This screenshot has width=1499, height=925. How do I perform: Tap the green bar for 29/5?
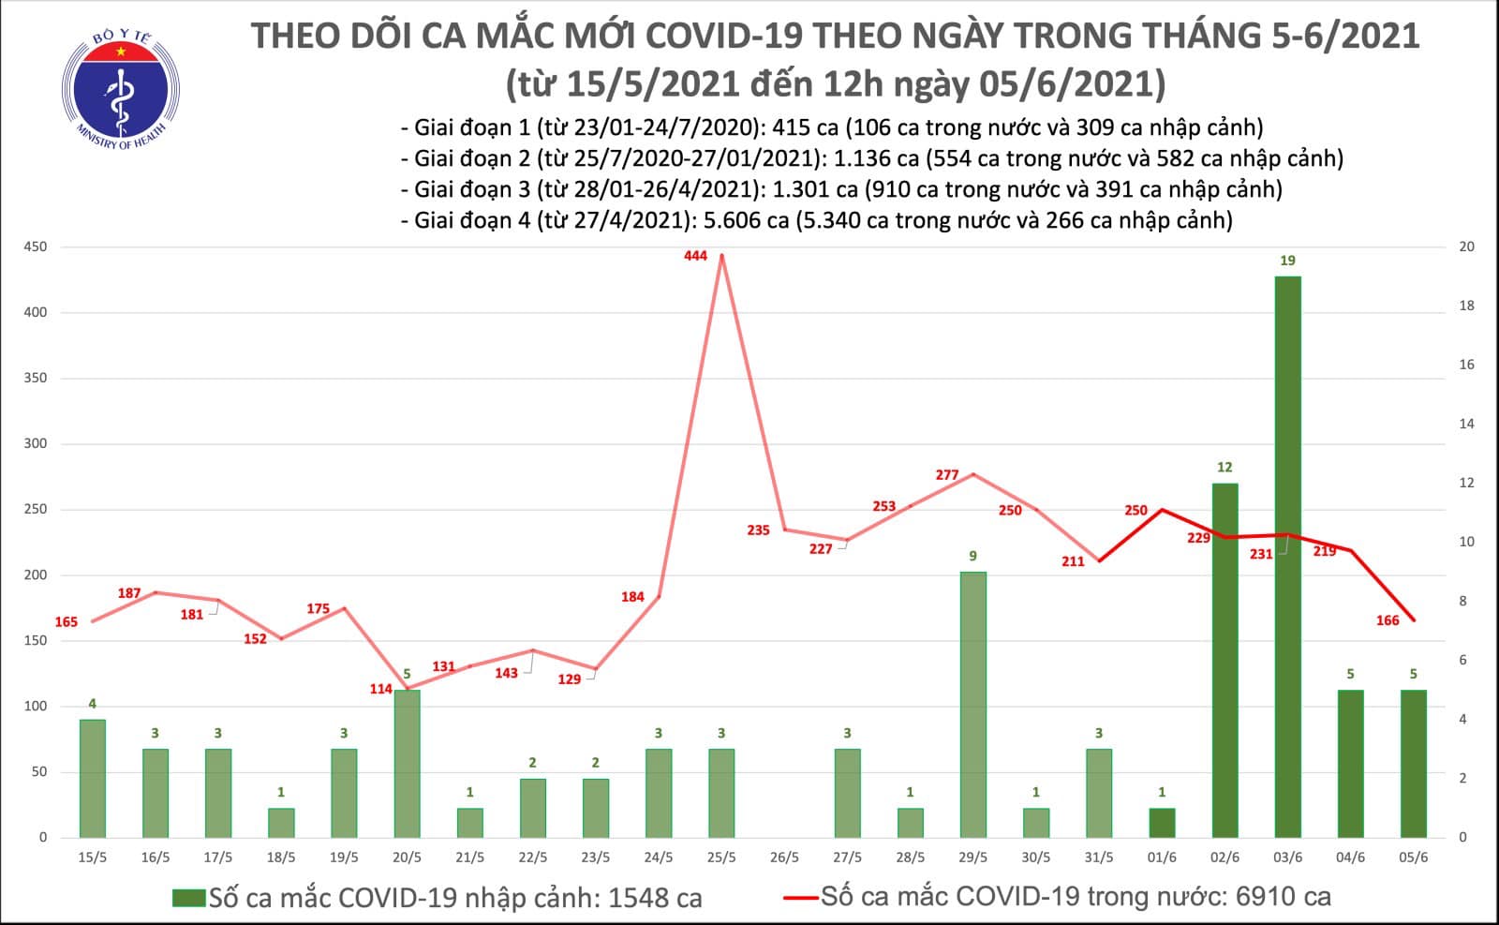click(x=972, y=704)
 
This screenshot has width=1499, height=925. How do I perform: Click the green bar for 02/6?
click(x=1224, y=660)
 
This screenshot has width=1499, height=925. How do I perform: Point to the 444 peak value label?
click(x=695, y=255)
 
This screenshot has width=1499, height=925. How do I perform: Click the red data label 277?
click(x=947, y=475)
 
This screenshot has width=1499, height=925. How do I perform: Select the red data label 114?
click(x=380, y=689)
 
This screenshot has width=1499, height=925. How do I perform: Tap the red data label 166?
click(x=1388, y=620)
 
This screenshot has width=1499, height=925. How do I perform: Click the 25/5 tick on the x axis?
click(x=721, y=858)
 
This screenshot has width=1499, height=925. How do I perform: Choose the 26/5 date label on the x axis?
click(x=784, y=858)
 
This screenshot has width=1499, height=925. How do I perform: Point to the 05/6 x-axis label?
click(x=1413, y=858)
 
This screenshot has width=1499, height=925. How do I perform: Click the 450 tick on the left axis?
click(x=37, y=247)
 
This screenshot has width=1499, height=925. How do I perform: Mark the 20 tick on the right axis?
click(x=1467, y=247)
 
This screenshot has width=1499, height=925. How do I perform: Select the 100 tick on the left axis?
click(x=37, y=707)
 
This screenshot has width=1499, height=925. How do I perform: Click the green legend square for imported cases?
click(x=188, y=898)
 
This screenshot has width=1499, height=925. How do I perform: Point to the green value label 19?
click(x=1287, y=261)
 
